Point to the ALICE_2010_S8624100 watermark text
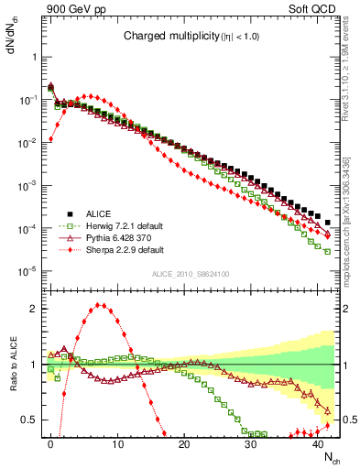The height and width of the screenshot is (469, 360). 191,273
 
